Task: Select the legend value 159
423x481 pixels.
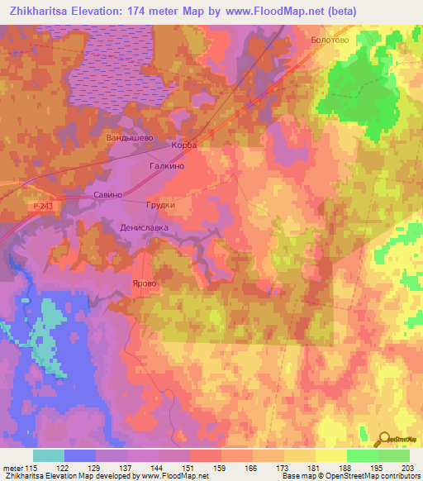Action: [x=221, y=469]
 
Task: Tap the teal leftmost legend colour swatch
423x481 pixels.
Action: [x=49, y=455]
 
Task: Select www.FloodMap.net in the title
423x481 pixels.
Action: [x=294, y=11]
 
